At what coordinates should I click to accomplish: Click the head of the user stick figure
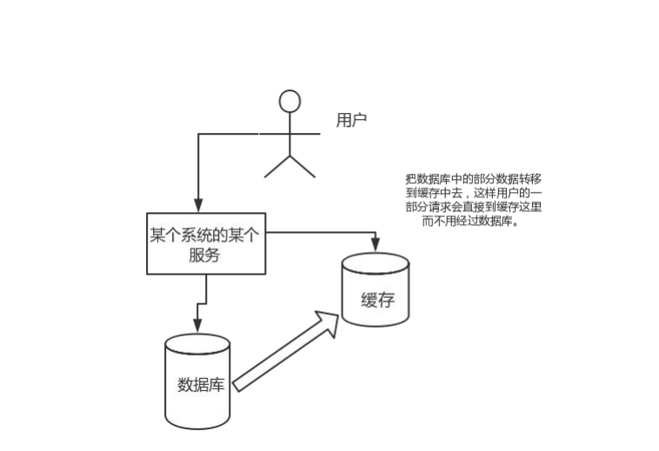click(x=290, y=101)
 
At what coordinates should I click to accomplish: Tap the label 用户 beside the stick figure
click(x=351, y=121)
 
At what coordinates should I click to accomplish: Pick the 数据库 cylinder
click(x=197, y=382)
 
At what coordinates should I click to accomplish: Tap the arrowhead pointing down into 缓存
click(x=376, y=243)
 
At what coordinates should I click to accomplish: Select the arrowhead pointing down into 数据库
click(x=197, y=326)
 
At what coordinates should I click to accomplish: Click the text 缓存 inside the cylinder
click(x=377, y=301)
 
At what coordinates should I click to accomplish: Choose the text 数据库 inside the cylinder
click(x=201, y=384)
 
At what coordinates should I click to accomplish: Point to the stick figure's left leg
click(x=277, y=166)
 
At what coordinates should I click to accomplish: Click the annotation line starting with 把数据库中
click(x=473, y=176)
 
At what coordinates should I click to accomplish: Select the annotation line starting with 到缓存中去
click(x=474, y=191)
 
